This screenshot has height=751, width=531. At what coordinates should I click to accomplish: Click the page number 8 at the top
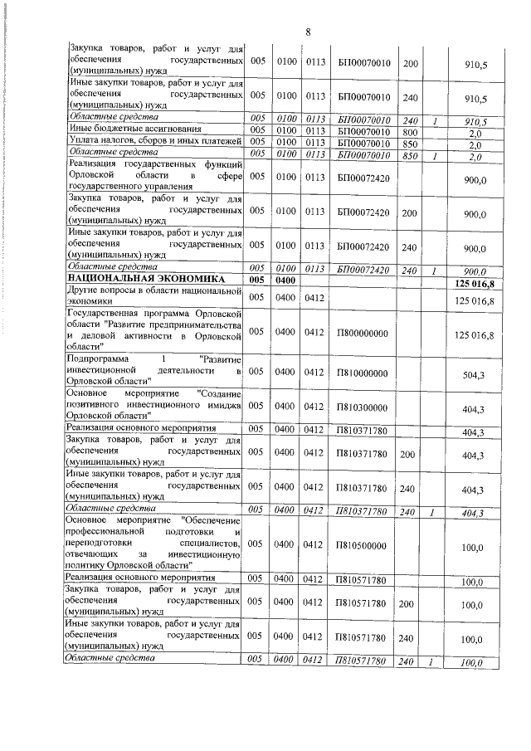(307, 32)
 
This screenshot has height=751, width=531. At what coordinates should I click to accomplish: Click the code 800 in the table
(409, 130)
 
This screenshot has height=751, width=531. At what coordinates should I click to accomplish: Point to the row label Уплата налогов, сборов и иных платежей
(154, 142)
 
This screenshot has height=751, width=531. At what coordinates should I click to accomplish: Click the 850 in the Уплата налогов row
(409, 142)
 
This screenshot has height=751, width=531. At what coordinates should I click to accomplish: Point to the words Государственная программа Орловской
(154, 315)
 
